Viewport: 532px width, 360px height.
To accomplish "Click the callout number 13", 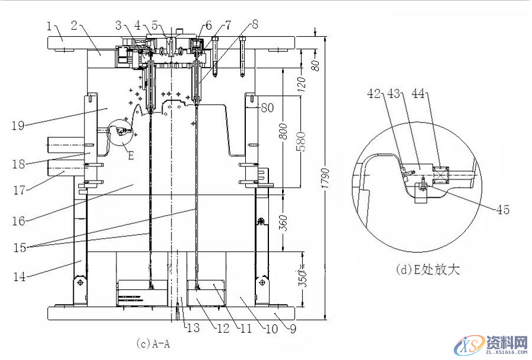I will (x=193, y=328).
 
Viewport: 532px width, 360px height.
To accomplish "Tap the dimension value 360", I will (x=284, y=222).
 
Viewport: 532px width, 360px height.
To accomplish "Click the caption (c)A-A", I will (x=153, y=343).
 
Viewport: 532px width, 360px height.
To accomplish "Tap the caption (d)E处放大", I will (x=427, y=269).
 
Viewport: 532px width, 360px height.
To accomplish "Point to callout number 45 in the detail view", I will (x=502, y=210).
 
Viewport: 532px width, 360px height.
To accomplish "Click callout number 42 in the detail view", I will (x=373, y=93).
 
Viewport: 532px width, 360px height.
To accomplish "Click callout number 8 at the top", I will (x=255, y=25).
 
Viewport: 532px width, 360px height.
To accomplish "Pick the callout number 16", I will (x=18, y=221).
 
